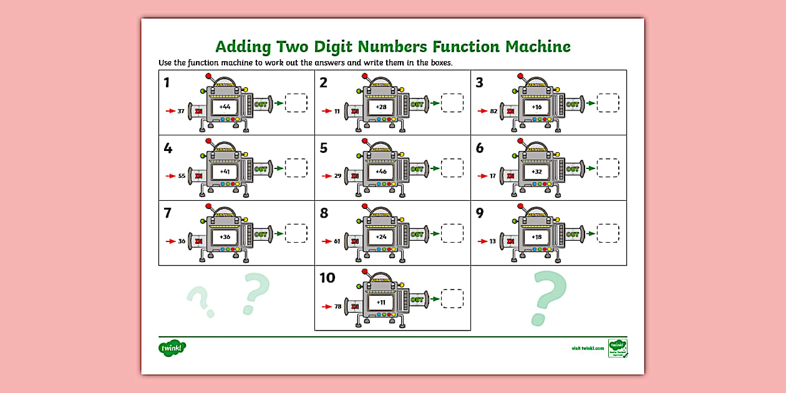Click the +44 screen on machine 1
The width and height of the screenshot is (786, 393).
point(225,107)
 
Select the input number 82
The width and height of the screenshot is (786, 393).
point(493,111)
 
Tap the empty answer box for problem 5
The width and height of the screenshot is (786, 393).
point(452,168)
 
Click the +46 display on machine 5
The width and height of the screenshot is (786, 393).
point(381,172)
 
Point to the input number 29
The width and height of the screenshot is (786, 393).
point(337,176)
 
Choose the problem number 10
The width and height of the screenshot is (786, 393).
point(327,278)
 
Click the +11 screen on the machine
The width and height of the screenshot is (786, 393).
point(381,302)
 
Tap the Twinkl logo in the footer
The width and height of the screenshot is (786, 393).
point(172,347)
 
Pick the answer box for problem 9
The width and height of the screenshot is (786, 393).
point(608,233)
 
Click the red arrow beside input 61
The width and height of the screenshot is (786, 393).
point(326,241)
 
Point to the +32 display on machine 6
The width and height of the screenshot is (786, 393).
point(536,172)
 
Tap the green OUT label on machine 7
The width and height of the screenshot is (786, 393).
point(261,234)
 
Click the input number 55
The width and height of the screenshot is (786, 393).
point(182,176)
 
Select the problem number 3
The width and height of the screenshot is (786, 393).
point(479,83)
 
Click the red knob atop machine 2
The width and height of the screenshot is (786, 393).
point(364,76)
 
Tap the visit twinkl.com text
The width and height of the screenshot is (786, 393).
point(588,348)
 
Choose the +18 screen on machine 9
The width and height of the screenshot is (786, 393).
point(536,237)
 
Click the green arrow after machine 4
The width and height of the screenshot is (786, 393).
point(278,168)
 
